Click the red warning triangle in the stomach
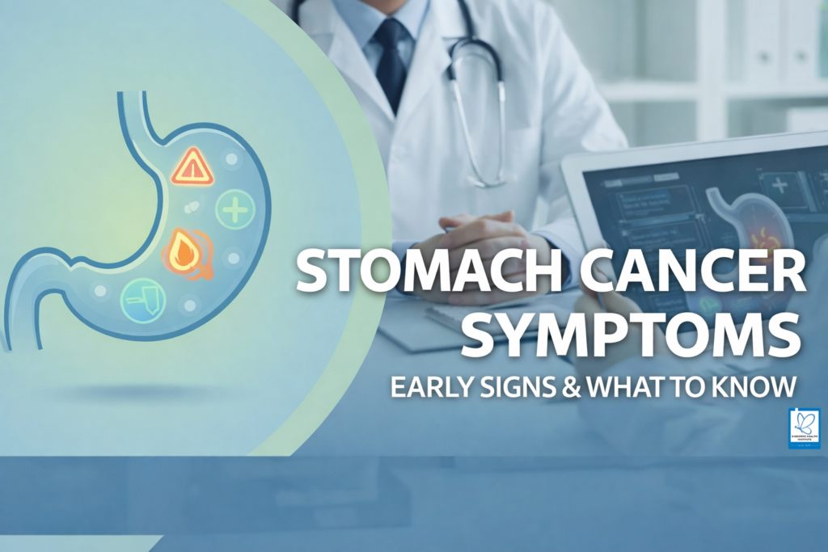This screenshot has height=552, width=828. click(x=192, y=167)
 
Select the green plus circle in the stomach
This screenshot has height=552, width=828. click(x=235, y=212)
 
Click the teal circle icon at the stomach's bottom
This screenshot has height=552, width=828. click(x=143, y=301)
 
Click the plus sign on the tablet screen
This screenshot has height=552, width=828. click(x=780, y=184)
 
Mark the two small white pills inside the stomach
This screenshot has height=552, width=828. click(x=192, y=207)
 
